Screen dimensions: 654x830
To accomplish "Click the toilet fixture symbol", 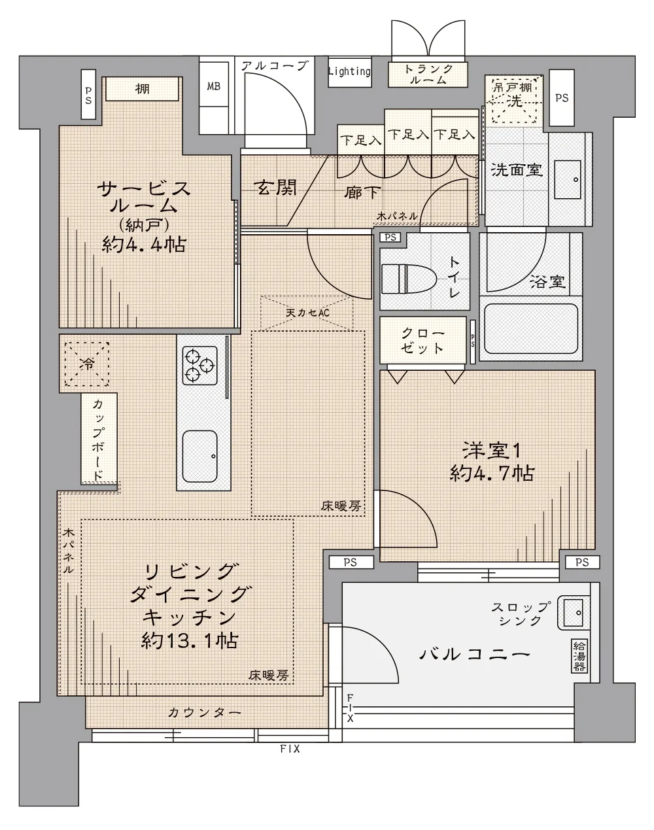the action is pyautogui.click(x=409, y=279).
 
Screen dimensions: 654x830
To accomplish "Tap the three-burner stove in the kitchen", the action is pyautogui.click(x=199, y=365).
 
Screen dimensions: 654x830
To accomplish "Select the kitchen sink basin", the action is pyautogui.click(x=199, y=457).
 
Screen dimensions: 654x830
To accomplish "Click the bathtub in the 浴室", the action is pyautogui.click(x=531, y=328).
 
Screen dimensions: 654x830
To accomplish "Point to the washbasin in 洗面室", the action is pyautogui.click(x=568, y=179).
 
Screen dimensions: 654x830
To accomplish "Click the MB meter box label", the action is pyautogui.click(x=214, y=86).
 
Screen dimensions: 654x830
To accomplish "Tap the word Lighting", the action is pyautogui.click(x=349, y=71).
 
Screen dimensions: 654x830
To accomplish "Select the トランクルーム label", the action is pyautogui.click(x=428, y=75).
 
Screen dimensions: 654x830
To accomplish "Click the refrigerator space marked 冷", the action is pyautogui.click(x=87, y=364).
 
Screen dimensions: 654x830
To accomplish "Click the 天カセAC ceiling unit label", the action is pyautogui.click(x=308, y=313).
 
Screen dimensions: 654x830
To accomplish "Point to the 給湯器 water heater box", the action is pyautogui.click(x=579, y=655).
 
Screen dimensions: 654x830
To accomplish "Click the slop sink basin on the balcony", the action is pyautogui.click(x=574, y=612).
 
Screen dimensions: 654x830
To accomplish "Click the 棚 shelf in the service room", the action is pyautogui.click(x=143, y=89).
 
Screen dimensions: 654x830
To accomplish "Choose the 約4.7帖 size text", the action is pyautogui.click(x=492, y=474).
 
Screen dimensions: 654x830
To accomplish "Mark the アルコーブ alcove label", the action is pyautogui.click(x=275, y=66).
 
